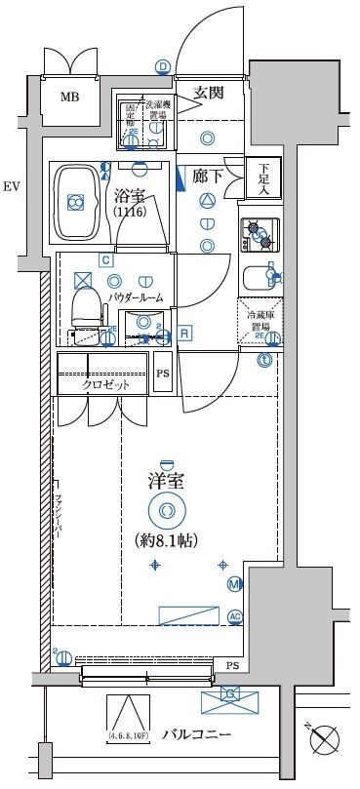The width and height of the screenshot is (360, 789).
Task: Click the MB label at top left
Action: (69, 96)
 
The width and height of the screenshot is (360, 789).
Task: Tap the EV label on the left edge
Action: (12, 186)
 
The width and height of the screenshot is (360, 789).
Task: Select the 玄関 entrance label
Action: (209, 93)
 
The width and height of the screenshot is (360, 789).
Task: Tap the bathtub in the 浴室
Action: (75, 202)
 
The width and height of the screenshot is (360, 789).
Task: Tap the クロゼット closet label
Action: (104, 384)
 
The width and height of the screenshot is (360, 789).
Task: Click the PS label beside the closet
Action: (164, 374)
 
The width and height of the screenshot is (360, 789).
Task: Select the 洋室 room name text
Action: (167, 481)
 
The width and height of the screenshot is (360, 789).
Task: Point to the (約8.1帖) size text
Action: (167, 538)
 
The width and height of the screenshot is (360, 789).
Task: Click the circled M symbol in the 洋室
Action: (234, 584)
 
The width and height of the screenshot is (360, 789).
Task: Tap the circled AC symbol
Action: (234, 616)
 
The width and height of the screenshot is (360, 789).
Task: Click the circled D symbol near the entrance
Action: (163, 66)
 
